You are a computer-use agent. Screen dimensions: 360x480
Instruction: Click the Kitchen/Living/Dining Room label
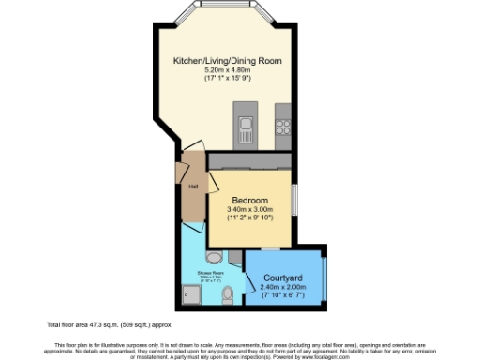pos(227,61)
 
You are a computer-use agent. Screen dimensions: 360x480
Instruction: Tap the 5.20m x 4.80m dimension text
pos(227,70)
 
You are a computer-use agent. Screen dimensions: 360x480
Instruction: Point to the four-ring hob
pos(283,124)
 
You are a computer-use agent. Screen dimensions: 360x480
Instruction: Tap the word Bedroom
pos(250,201)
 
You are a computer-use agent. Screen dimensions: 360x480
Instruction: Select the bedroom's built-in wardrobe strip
pos(250,161)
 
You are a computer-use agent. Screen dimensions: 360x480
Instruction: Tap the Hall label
pos(192,187)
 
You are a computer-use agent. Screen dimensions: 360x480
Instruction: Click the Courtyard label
pos(281,277)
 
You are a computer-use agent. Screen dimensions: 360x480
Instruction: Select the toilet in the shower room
pos(228,296)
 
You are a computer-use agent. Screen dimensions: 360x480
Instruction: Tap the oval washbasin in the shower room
pos(214,257)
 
